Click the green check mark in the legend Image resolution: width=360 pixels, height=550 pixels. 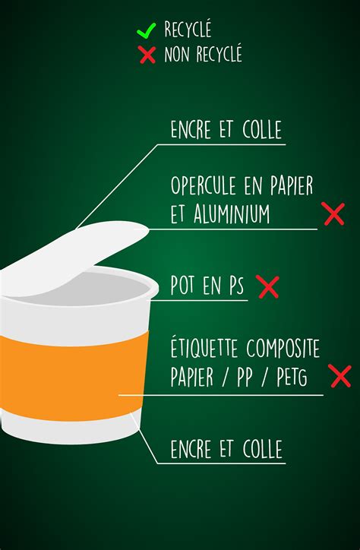(146, 31)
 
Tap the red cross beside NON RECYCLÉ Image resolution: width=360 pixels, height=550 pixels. (147, 55)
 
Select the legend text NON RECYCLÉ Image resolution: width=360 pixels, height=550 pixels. (203, 55)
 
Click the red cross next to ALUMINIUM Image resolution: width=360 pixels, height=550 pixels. (333, 214)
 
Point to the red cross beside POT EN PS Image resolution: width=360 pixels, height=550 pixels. (267, 286)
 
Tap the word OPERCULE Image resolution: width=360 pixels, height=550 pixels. (203, 185)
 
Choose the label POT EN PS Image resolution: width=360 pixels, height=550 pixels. (207, 286)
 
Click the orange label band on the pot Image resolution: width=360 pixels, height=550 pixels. (68, 372)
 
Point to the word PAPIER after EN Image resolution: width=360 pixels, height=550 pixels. (285, 185)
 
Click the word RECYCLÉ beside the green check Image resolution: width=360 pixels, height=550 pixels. (188, 31)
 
